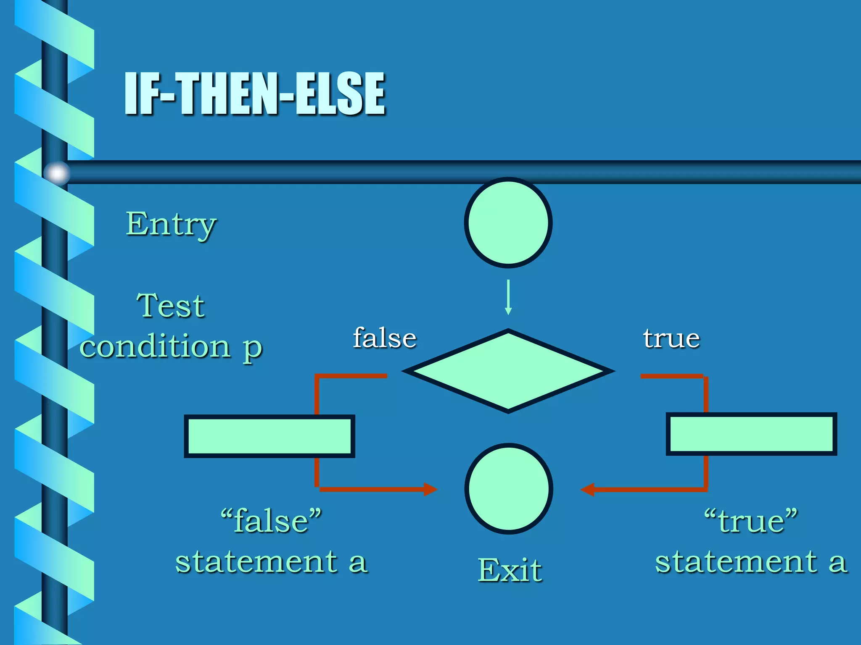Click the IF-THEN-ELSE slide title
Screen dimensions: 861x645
[255, 93]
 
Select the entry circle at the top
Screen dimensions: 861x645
[508, 223]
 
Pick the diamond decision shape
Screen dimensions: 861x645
[508, 371]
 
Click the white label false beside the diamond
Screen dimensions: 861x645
[385, 338]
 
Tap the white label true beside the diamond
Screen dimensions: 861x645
[671, 338]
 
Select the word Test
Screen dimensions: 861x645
[171, 306]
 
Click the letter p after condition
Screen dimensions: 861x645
[252, 349]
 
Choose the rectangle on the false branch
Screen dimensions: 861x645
[269, 436]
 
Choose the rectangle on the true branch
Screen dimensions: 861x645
[751, 434]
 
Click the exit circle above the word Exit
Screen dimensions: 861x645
[509, 489]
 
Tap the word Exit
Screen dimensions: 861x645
[510, 570]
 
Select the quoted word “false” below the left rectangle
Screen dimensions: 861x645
[271, 521]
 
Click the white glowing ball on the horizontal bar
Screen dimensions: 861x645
[57, 173]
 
